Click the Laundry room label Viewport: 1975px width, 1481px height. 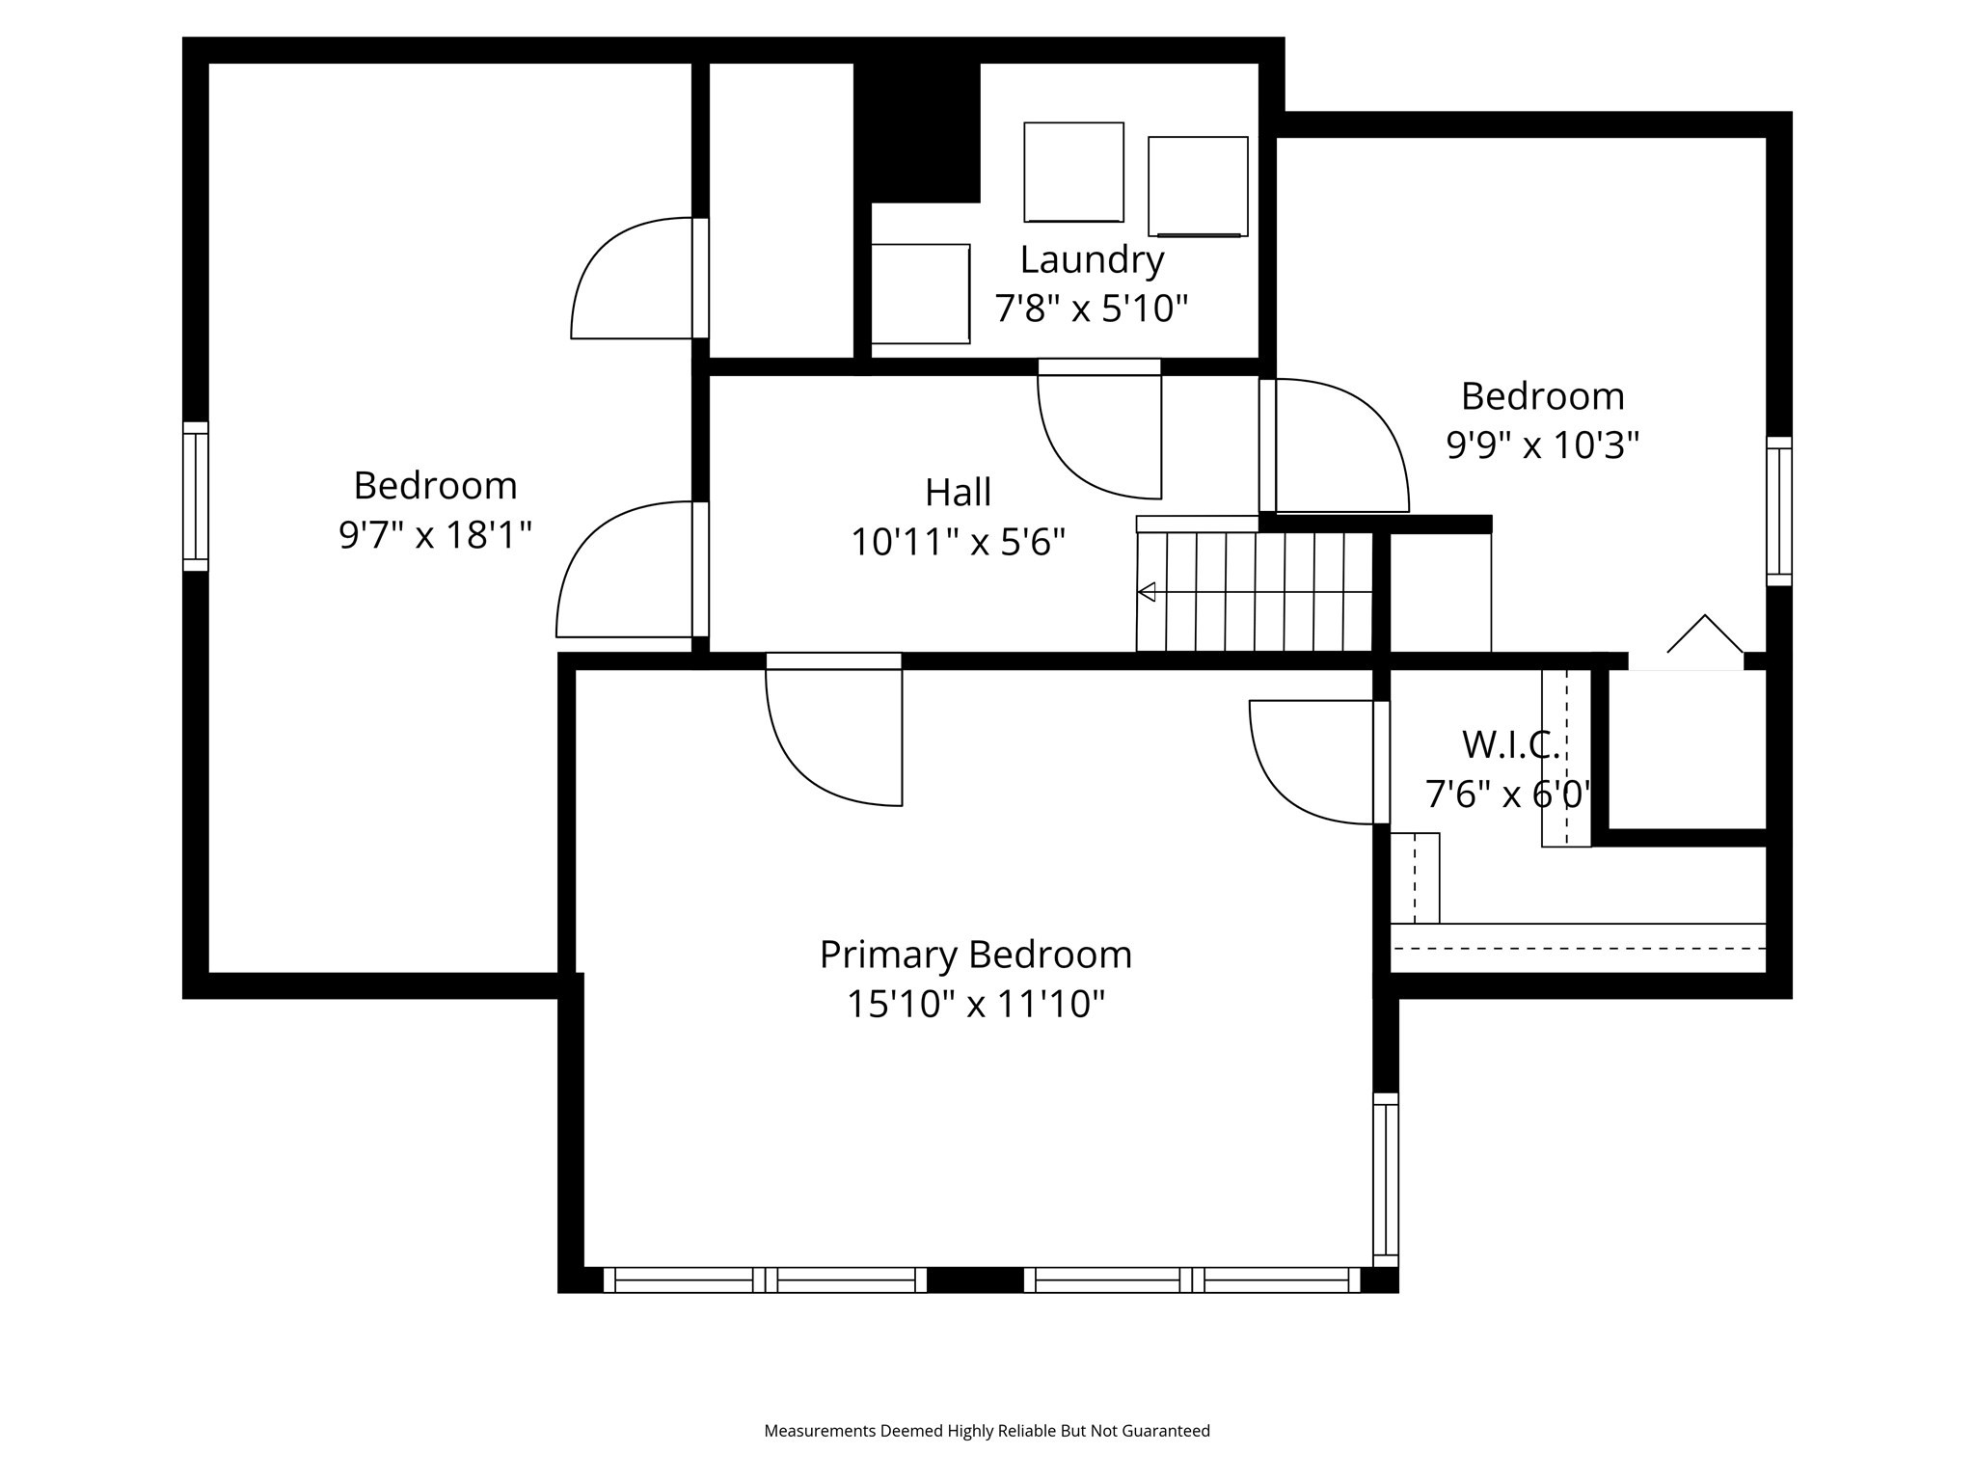point(1092,260)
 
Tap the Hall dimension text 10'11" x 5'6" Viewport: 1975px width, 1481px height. point(958,542)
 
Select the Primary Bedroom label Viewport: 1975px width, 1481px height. point(975,955)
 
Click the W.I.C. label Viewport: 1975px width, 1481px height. point(1511,744)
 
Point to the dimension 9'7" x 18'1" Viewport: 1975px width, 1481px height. point(435,534)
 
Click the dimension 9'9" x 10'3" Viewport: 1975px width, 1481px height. point(1543,445)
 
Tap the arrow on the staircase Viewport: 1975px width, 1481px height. point(1255,592)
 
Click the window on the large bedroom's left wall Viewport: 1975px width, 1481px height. point(196,497)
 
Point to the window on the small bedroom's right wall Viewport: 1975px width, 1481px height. point(1779,511)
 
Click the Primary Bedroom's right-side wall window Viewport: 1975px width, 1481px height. point(1386,1179)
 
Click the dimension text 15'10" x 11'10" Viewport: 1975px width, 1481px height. point(975,1005)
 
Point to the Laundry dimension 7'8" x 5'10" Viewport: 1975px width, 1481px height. point(1091,310)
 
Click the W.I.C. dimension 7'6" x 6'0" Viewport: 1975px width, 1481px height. point(1507,794)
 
